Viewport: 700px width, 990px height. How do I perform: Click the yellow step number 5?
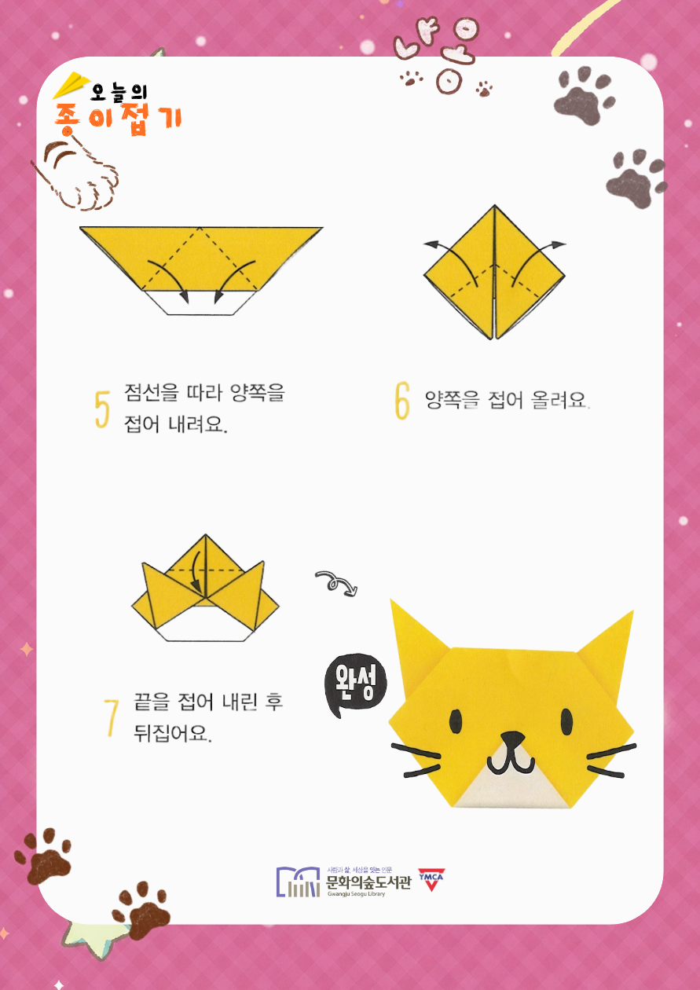102,409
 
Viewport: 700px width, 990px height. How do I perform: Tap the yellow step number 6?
401,401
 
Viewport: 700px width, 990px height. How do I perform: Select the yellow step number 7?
111,718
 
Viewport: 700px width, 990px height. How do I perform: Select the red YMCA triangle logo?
431,880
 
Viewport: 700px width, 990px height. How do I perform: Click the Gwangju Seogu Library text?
356,893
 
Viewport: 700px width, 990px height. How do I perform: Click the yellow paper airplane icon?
71,84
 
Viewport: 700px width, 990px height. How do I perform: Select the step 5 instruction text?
204,409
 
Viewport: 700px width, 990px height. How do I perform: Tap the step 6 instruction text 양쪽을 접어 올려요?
507,400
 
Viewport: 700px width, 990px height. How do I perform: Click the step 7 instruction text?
208,718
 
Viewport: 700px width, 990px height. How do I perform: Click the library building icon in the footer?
298,882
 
